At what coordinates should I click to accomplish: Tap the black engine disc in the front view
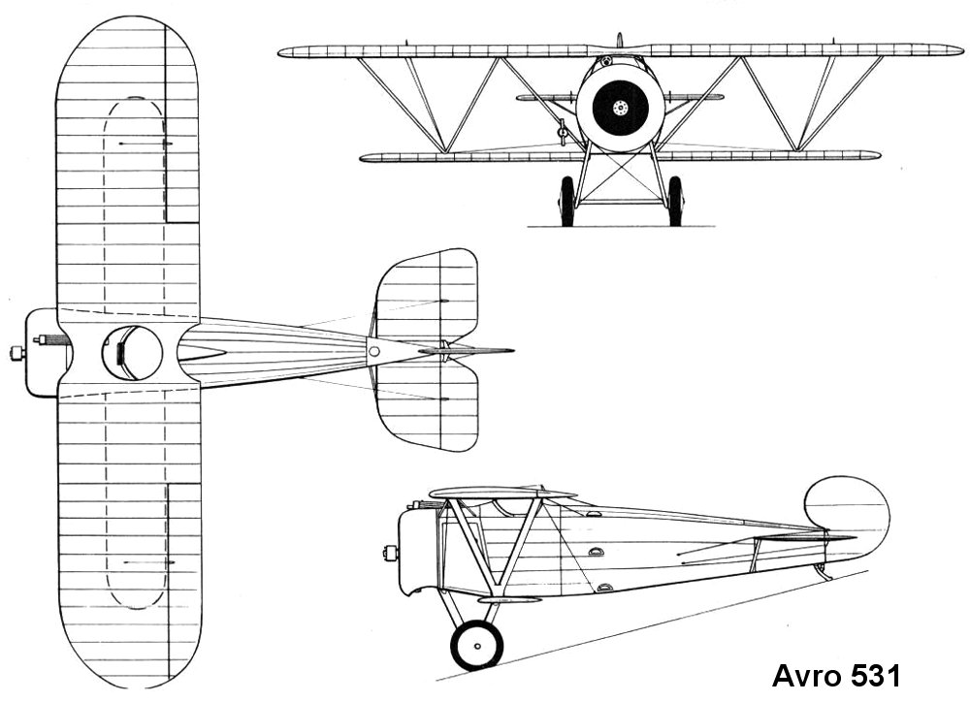pos(620,107)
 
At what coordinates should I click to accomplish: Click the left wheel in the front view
pos(566,201)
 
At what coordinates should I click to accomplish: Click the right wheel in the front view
pos(675,201)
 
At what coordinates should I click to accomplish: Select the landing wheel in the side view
pos(476,645)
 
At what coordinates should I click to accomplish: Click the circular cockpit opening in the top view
pos(132,353)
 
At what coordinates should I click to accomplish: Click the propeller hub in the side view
pos(391,554)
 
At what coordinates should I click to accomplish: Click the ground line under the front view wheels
pos(621,227)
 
